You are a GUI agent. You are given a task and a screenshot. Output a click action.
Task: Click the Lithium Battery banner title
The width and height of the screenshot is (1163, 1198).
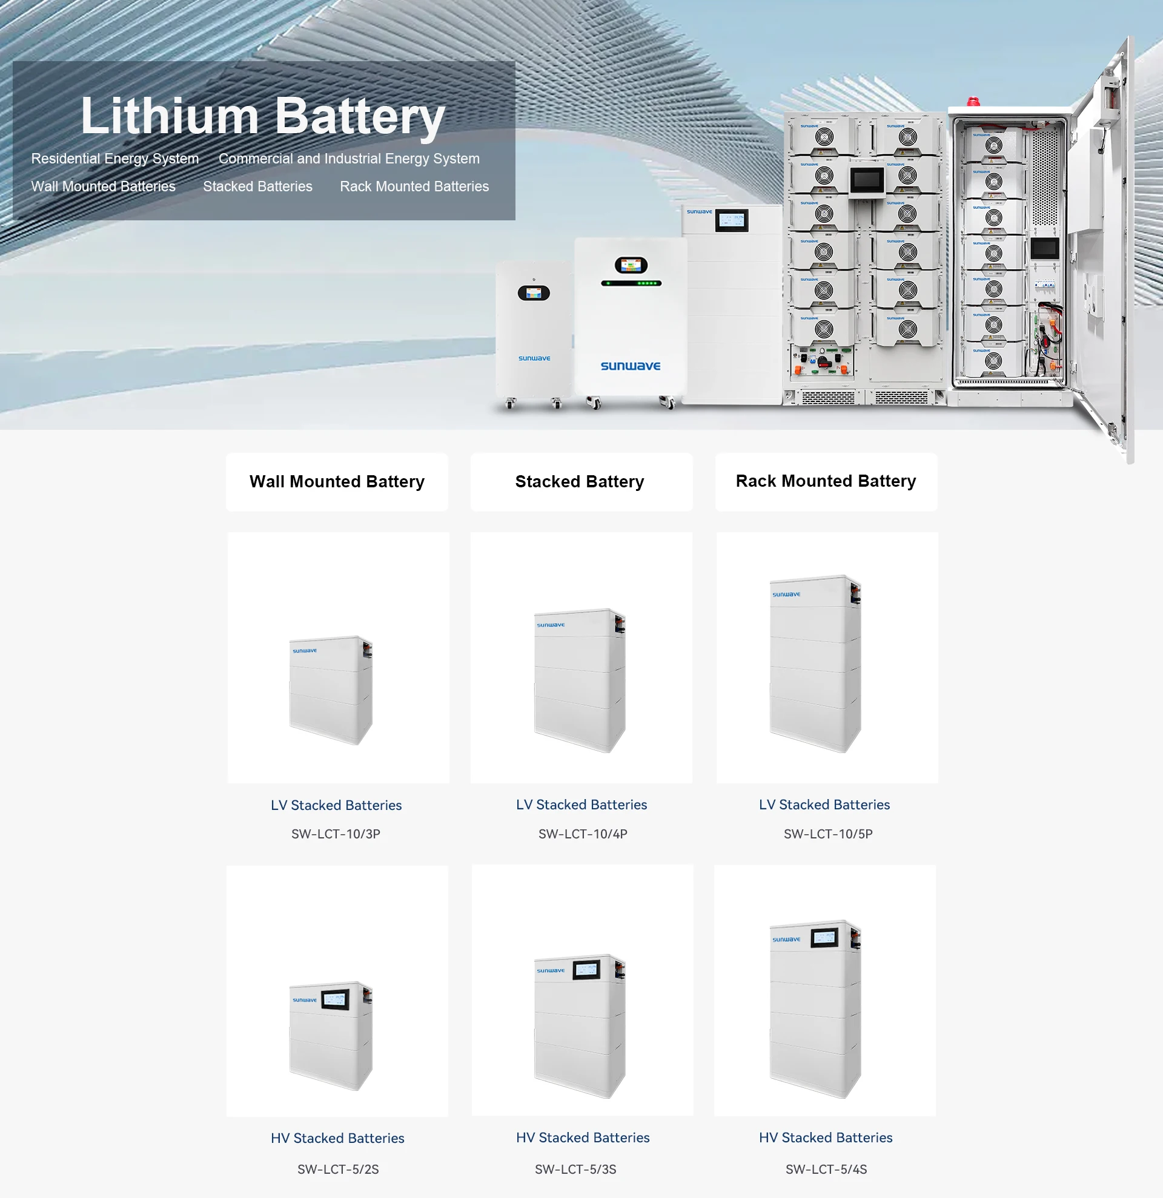(x=263, y=116)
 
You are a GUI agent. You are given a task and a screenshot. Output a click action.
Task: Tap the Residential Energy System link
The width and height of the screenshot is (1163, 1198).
(x=115, y=159)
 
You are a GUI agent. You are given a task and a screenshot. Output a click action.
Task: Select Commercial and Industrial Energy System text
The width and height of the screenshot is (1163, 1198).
(x=349, y=159)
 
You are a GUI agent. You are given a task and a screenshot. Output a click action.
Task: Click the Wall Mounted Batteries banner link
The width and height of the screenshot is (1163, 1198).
(x=104, y=186)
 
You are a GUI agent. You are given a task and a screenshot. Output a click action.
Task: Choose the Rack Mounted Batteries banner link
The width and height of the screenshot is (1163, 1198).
(x=414, y=186)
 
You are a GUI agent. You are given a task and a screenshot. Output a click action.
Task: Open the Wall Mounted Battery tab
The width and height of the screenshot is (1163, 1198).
(x=337, y=482)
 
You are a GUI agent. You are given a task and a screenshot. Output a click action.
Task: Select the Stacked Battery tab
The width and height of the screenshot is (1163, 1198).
(x=580, y=482)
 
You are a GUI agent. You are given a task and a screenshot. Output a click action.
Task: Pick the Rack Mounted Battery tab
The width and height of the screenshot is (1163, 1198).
(x=826, y=481)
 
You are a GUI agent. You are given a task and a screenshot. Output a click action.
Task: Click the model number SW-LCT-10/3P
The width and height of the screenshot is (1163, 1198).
(x=336, y=834)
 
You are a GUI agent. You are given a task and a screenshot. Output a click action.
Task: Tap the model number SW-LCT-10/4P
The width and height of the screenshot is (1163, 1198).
(x=583, y=834)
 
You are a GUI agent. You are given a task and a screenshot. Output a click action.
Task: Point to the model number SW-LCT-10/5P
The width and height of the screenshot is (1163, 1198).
(x=828, y=834)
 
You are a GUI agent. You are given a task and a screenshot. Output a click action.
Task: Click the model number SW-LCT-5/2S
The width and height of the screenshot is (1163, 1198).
(x=338, y=1170)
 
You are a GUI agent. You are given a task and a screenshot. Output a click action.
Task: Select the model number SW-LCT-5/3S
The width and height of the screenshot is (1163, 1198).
(x=575, y=1170)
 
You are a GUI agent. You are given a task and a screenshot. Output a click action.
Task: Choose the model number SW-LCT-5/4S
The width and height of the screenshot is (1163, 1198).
(x=826, y=1170)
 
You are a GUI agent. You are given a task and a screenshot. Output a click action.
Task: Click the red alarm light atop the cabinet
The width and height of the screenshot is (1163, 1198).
(x=973, y=102)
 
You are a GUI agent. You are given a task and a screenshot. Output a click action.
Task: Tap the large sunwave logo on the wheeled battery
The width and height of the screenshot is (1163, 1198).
(x=631, y=366)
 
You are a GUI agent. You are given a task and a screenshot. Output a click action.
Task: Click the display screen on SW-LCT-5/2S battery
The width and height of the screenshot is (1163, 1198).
(x=335, y=1001)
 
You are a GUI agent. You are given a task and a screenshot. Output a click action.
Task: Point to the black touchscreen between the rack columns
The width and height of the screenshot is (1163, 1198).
(x=866, y=180)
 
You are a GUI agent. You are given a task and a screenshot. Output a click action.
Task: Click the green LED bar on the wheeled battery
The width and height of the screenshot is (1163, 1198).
(x=631, y=283)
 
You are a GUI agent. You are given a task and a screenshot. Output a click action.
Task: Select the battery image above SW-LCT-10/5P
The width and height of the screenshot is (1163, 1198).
(x=816, y=663)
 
